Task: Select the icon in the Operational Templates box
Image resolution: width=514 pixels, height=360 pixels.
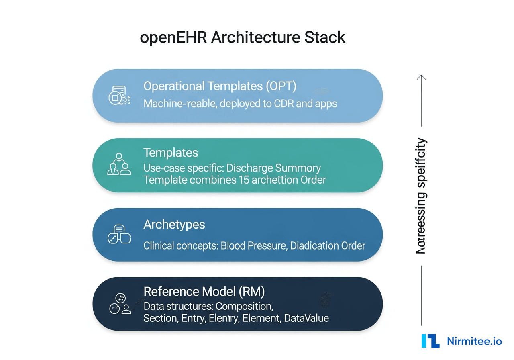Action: point(119,96)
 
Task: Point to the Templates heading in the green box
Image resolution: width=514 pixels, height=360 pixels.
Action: point(171,153)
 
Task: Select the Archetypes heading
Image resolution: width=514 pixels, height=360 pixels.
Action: point(174,225)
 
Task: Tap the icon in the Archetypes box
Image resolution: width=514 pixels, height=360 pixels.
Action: point(119,234)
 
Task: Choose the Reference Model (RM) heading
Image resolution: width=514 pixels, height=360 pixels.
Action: point(204,291)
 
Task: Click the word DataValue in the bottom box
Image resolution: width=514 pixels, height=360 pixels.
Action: point(306,318)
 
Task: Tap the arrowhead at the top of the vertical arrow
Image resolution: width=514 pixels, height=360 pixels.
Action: point(421,77)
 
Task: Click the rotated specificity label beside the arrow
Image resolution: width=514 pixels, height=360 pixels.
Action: point(421,196)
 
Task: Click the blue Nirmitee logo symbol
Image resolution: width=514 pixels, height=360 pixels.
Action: point(430,341)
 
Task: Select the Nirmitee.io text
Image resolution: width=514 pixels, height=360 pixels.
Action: point(474,341)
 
